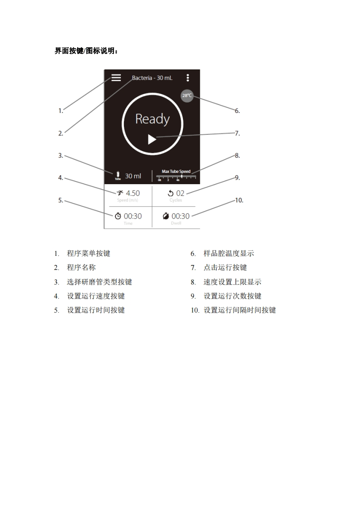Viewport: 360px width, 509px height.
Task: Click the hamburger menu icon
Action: [x=116, y=78]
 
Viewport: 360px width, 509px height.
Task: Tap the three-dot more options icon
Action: [x=188, y=78]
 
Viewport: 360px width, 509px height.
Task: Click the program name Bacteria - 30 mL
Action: [x=152, y=78]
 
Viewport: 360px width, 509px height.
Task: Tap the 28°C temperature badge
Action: [x=187, y=96]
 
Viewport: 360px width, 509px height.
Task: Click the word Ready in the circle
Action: [x=152, y=119]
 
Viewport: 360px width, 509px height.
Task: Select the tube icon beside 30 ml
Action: [x=118, y=176]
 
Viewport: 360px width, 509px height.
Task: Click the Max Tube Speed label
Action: [x=176, y=171]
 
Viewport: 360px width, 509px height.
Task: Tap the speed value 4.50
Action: [x=133, y=193]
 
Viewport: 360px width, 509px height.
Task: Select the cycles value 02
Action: [x=180, y=193]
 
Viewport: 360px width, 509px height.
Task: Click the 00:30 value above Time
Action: [x=133, y=216]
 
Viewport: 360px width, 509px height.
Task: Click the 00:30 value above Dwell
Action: [x=180, y=216]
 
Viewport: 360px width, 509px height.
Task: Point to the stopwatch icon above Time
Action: [x=118, y=216]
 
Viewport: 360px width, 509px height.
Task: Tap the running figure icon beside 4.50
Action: [x=120, y=193]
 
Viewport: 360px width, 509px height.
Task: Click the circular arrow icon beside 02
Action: [x=171, y=193]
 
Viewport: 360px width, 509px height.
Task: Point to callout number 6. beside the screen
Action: [x=237, y=111]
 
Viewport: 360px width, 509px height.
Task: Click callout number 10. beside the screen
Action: [x=239, y=200]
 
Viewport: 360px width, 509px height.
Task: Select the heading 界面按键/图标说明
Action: [x=87, y=51]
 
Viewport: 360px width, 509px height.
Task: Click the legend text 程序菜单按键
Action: [x=89, y=254]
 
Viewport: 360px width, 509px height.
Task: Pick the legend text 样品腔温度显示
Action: [x=228, y=254]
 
